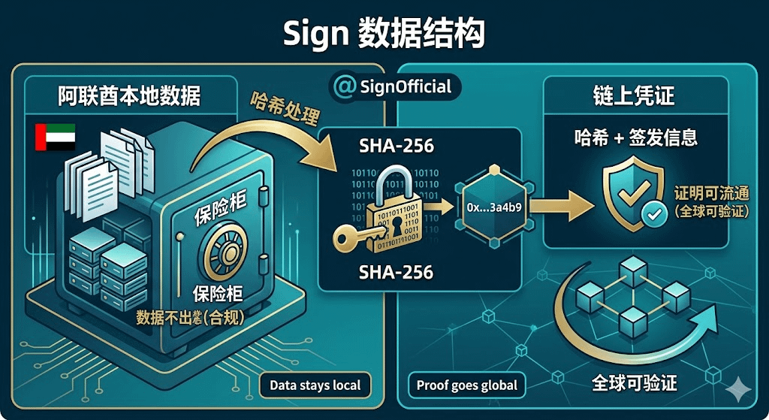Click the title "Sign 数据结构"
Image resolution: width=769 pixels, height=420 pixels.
384,34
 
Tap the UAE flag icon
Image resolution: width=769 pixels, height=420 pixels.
55,137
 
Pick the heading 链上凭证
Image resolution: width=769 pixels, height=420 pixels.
635,96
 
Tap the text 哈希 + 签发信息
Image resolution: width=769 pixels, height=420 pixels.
635,137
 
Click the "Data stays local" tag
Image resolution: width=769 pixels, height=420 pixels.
315,386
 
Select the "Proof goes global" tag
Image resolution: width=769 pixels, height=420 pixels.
467,386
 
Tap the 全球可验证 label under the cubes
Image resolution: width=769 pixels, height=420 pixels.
635,382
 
